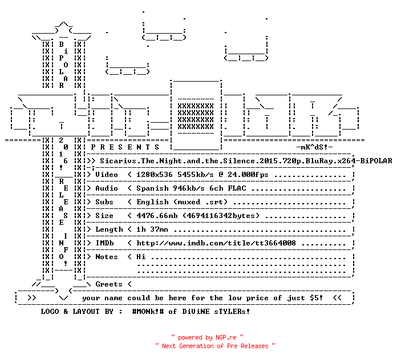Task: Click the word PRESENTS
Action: pyautogui.click(x=125, y=147)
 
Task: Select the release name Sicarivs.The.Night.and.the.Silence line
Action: pyautogui.click(x=246, y=161)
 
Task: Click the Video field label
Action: pyautogui.click(x=107, y=175)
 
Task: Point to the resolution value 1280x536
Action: pyautogui.click(x=155, y=175)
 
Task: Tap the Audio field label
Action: pyautogui.click(x=107, y=188)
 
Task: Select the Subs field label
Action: pyautogui.click(x=104, y=202)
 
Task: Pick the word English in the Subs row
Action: pyautogui.click(x=152, y=202)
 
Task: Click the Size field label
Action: pyautogui.click(x=104, y=216)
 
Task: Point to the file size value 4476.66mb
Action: pyautogui.click(x=157, y=216)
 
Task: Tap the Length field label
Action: pyautogui.click(x=109, y=229)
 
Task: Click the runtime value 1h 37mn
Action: pyautogui.click(x=152, y=229)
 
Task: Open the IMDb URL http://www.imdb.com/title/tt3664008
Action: pyautogui.click(x=216, y=243)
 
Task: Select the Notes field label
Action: pyautogui.click(x=107, y=257)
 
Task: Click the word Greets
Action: pyautogui.click(x=109, y=284)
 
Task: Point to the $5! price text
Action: pyautogui.click(x=317, y=297)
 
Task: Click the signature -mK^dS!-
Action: pyautogui.click(x=314, y=147)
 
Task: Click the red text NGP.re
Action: pyautogui.click(x=226, y=337)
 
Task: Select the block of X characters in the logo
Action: pyautogui.click(x=196, y=116)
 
